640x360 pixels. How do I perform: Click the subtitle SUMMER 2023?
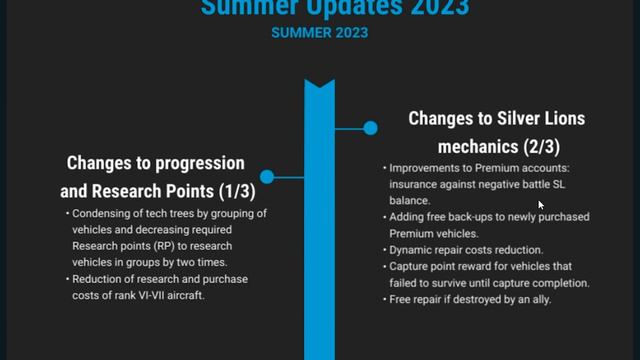pos(319,32)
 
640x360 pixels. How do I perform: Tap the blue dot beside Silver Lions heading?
pos(370,128)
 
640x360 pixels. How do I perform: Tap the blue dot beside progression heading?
pos(267,177)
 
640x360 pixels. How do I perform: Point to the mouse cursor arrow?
pos(540,204)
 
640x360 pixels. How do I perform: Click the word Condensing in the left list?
pos(104,214)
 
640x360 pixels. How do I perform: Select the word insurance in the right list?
pos(414,184)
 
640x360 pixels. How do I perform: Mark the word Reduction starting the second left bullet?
pos(100,279)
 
